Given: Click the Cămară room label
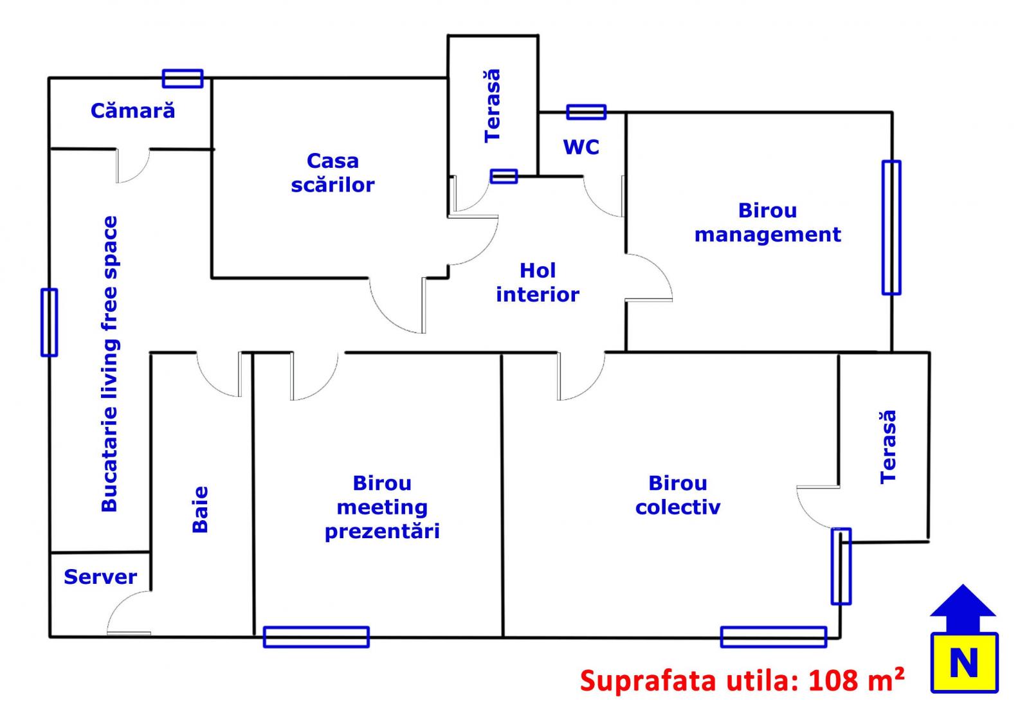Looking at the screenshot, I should [x=132, y=111].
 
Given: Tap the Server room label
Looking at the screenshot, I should [x=100, y=577].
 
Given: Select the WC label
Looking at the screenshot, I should [x=581, y=147].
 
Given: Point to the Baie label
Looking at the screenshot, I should [x=201, y=509].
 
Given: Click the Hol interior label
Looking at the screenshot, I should [x=538, y=282].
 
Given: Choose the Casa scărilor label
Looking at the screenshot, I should [x=332, y=173].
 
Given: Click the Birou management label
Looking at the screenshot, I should [x=767, y=222].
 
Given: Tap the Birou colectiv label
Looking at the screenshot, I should [x=678, y=495].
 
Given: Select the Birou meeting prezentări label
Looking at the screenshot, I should [x=382, y=507].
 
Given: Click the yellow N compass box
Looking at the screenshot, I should [x=964, y=662].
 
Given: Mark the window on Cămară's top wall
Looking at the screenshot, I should [x=183, y=78].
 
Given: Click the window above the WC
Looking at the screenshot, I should [x=586, y=112].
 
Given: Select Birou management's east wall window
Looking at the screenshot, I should [x=891, y=228].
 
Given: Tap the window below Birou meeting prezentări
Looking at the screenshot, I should [x=316, y=637].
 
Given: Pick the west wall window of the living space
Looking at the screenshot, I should [x=50, y=322].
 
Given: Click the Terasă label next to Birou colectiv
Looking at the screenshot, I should [x=888, y=447].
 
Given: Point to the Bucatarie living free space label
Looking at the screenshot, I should [x=110, y=364].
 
